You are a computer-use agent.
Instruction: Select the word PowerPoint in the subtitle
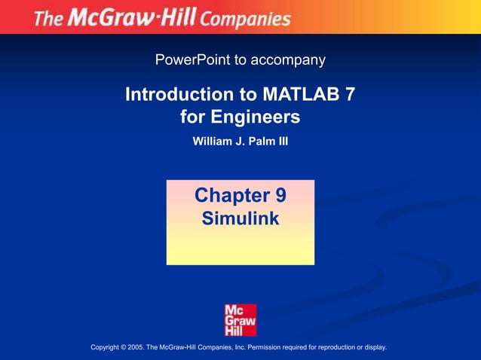click(x=191, y=59)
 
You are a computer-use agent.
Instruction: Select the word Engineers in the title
click(x=257, y=117)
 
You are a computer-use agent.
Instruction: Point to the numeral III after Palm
click(x=283, y=140)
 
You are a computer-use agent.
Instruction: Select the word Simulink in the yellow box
click(x=240, y=218)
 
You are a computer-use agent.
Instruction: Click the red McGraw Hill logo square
click(x=240, y=319)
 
